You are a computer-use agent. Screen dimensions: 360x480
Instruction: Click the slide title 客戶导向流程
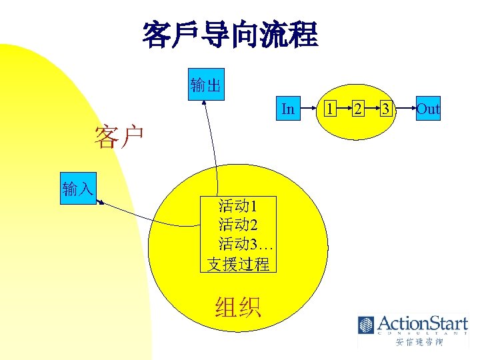coord(230,35)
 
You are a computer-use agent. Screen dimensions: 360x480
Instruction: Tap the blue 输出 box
coord(206,84)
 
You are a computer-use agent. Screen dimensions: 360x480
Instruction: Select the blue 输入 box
coord(78,189)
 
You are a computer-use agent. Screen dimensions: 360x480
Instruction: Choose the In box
coord(288,109)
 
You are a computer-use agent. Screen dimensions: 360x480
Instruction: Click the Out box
coord(427,109)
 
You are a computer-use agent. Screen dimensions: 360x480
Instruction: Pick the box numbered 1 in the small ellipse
coord(329,109)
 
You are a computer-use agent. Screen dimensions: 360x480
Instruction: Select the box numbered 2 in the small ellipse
coord(358,109)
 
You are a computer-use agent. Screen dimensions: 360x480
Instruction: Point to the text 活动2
coord(238,224)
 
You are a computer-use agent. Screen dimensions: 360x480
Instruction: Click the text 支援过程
coord(238,263)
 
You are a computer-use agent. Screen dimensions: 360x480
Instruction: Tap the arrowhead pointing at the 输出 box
coord(205,103)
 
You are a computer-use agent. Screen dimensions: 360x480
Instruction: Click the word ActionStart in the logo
coord(421,325)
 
